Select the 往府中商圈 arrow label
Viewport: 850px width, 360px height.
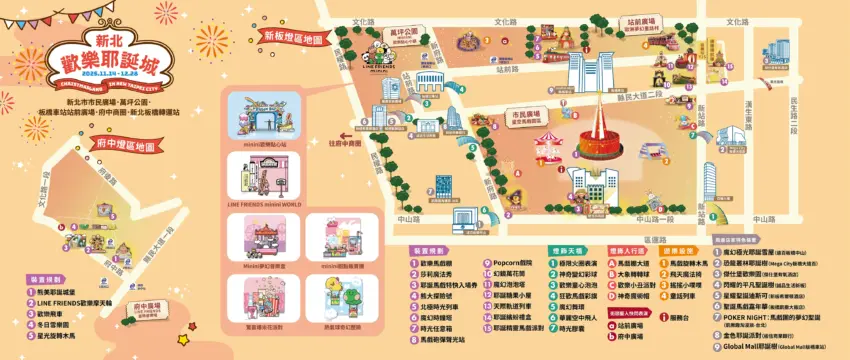coord(344,143)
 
